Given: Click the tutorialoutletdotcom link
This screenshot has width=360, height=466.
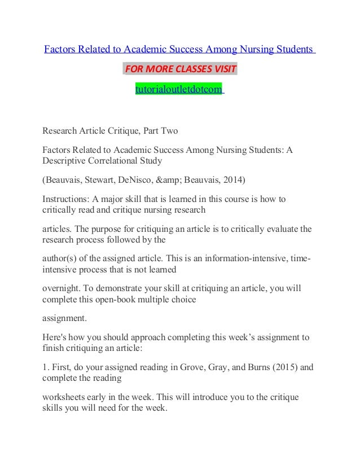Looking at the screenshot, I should tap(179, 89).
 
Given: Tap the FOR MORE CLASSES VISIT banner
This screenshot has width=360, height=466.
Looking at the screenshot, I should tap(179, 70).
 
